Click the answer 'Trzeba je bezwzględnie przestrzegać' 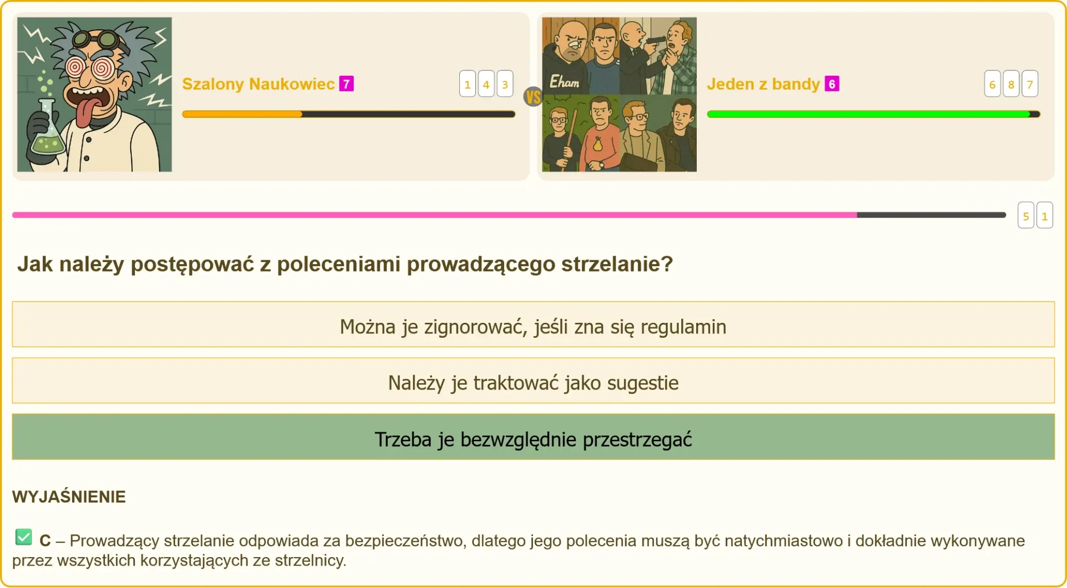[533, 439]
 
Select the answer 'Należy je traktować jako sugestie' [533, 383]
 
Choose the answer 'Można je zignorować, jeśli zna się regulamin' [533, 327]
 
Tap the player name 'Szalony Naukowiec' [258, 84]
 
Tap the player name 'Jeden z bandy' [763, 84]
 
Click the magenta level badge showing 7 [346, 84]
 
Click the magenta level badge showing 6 [832, 84]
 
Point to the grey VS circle [533, 97]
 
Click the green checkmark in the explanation [23, 537]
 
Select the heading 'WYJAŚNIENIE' [69, 497]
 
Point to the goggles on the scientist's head [101, 39]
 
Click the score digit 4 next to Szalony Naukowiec [486, 84]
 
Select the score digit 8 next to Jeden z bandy [1011, 84]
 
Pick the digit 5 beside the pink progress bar [1026, 216]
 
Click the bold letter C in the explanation [45, 541]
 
